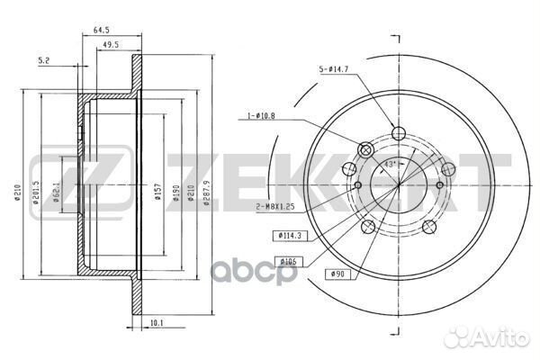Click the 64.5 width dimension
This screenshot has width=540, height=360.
[102, 31]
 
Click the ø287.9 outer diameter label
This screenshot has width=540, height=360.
[206, 191]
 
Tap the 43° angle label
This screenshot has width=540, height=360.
[390, 164]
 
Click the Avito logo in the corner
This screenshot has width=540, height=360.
[499, 339]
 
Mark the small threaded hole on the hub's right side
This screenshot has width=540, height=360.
[440, 184]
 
